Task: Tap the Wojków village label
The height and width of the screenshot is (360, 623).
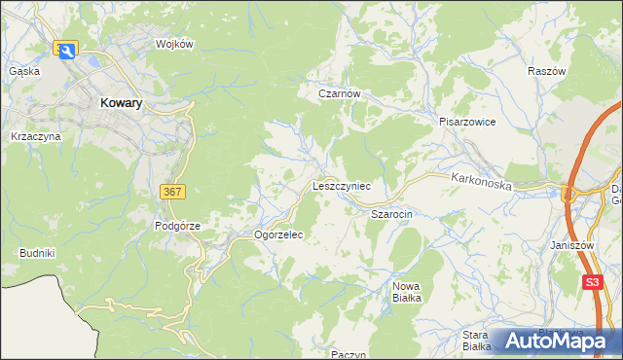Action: point(176,45)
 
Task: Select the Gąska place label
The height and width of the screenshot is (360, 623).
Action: point(23,71)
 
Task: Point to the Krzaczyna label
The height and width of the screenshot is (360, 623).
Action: point(36,137)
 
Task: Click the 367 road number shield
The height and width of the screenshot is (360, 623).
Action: point(171,193)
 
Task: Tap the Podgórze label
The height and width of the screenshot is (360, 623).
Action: point(177,226)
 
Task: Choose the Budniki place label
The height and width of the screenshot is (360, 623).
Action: point(37,253)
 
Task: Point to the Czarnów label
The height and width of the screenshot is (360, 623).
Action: point(341,94)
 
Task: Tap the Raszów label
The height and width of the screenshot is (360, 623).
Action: point(547,72)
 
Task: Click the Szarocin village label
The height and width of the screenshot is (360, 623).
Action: point(393,212)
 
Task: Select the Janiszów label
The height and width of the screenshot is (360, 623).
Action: point(571,246)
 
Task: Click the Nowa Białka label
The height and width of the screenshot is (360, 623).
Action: point(407,292)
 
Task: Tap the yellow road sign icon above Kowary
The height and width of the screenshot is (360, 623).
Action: point(66,50)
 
